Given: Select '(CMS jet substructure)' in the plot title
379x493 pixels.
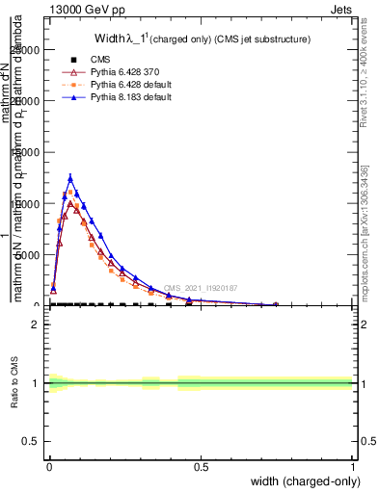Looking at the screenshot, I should [260, 39].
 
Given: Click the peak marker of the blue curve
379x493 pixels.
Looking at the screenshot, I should [70, 178].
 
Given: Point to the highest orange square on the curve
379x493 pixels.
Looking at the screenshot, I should [70, 193].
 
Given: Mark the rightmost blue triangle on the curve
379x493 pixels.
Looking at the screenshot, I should [276, 304].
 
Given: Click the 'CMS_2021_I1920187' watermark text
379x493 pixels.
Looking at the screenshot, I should [200, 288].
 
